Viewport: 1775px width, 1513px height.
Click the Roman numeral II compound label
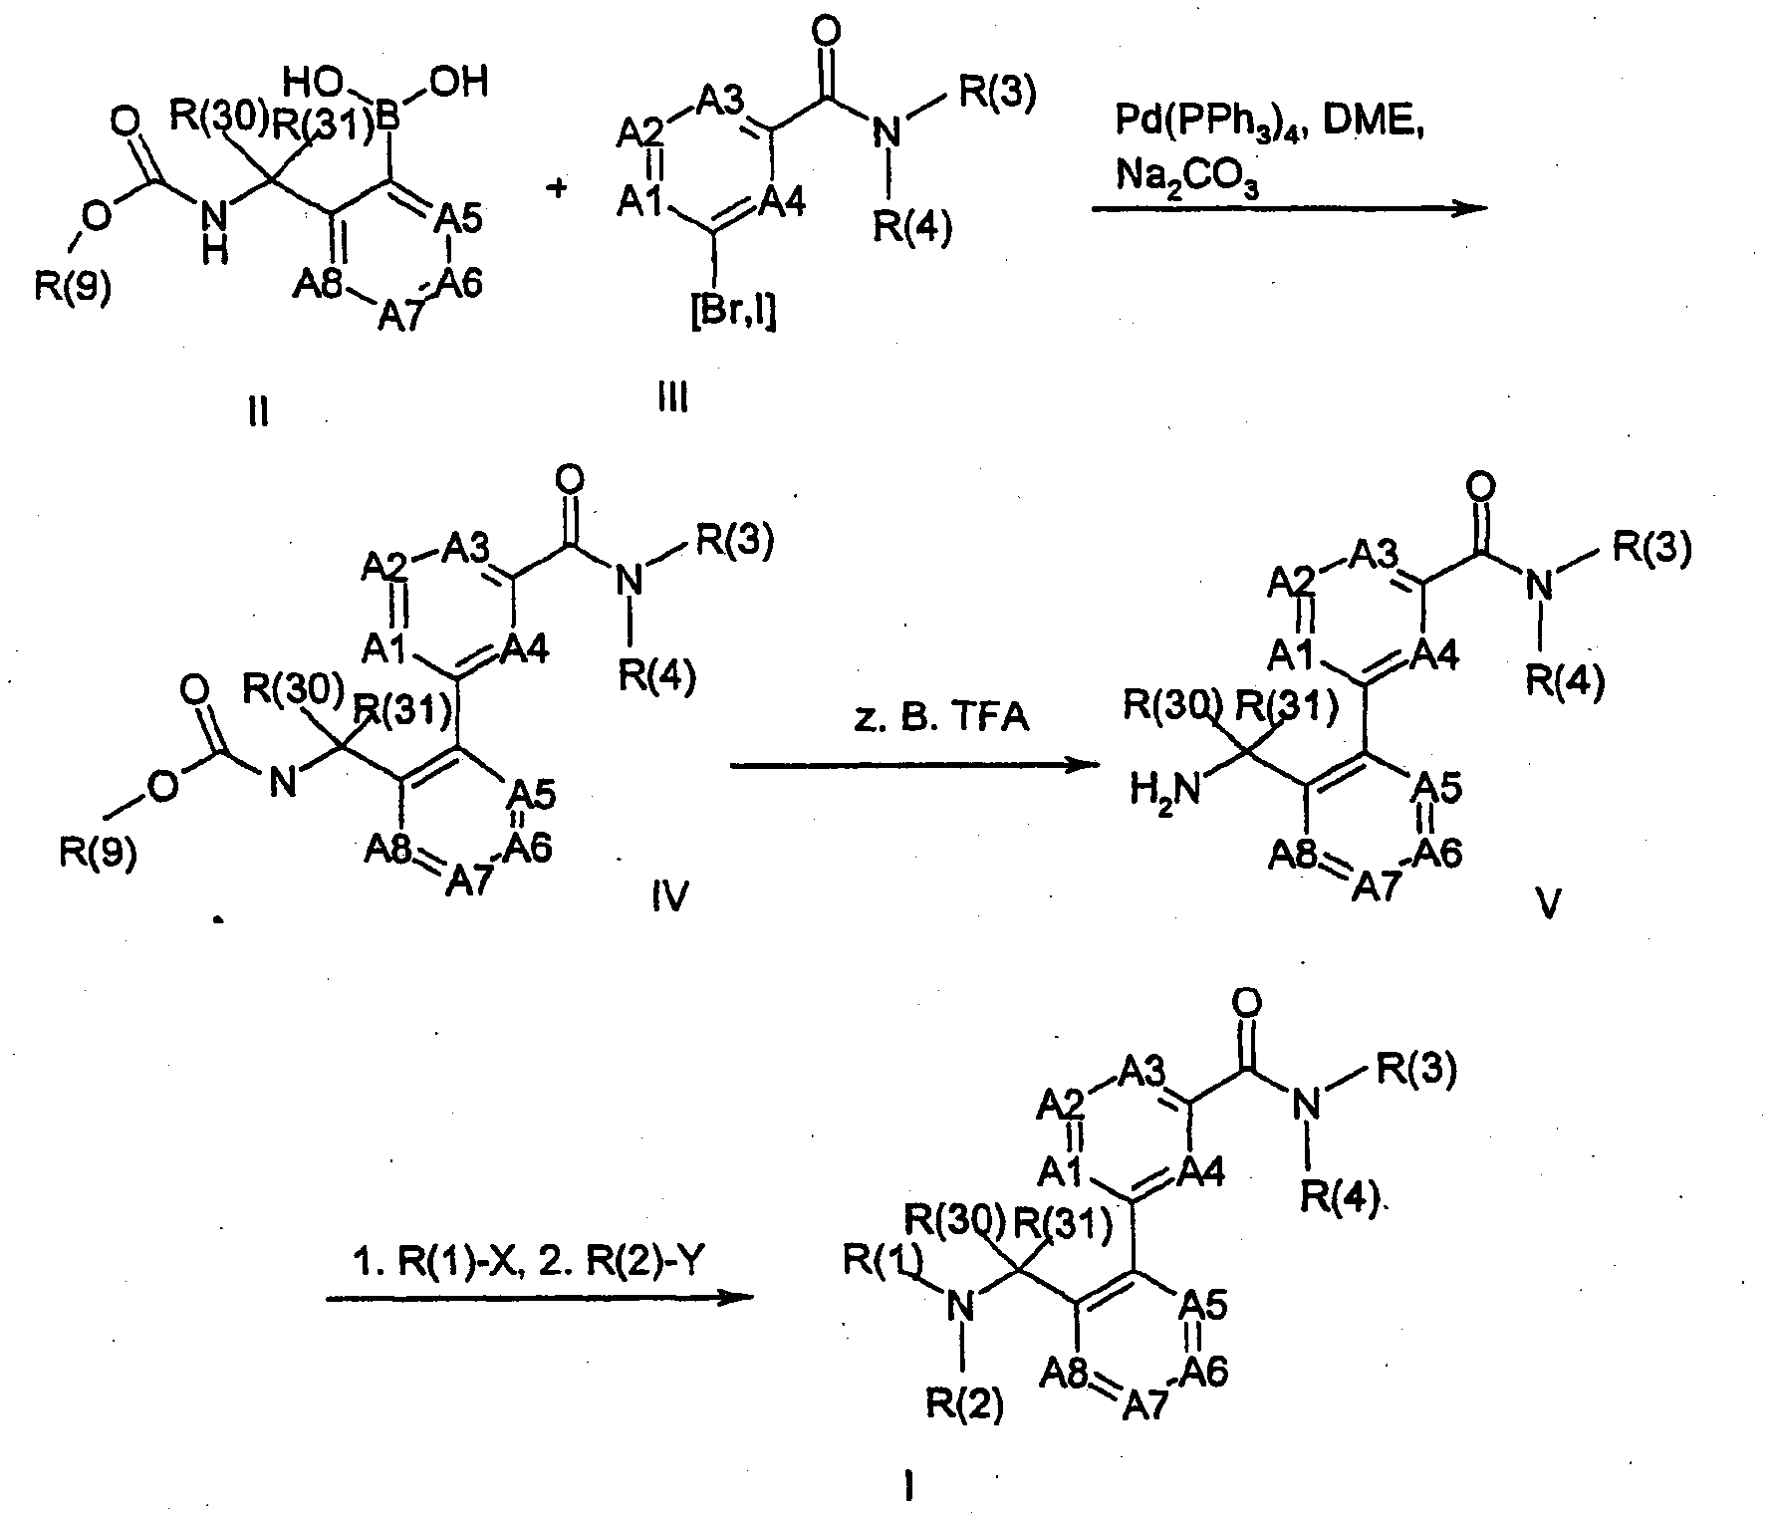pyautogui.click(x=258, y=410)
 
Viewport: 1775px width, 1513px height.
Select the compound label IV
pyautogui.click(x=669, y=899)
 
